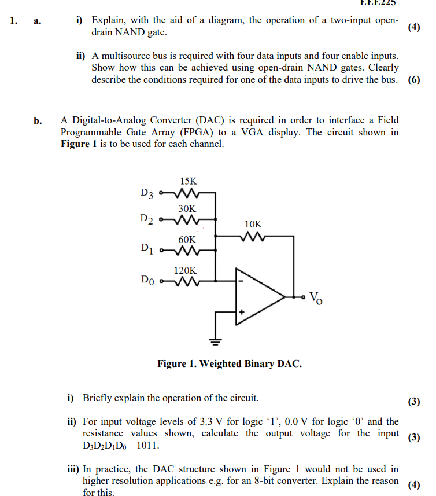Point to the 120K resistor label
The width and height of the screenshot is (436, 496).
tap(186, 270)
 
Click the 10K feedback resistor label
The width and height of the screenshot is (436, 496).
tap(253, 223)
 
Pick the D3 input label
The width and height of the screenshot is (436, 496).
tap(147, 193)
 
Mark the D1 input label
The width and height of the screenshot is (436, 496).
tap(147, 250)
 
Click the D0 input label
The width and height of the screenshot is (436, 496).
tap(147, 281)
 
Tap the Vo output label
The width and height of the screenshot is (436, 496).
tap(316, 298)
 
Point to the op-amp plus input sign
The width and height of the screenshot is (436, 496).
tap(242, 313)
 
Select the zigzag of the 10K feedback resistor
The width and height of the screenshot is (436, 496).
tap(253, 236)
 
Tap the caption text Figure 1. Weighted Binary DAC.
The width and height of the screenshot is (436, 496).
tap(230, 364)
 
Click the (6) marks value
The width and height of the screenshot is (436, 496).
tap(414, 80)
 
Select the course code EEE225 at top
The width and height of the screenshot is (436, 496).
tap(378, 3)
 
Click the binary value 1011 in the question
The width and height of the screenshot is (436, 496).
tap(148, 446)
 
